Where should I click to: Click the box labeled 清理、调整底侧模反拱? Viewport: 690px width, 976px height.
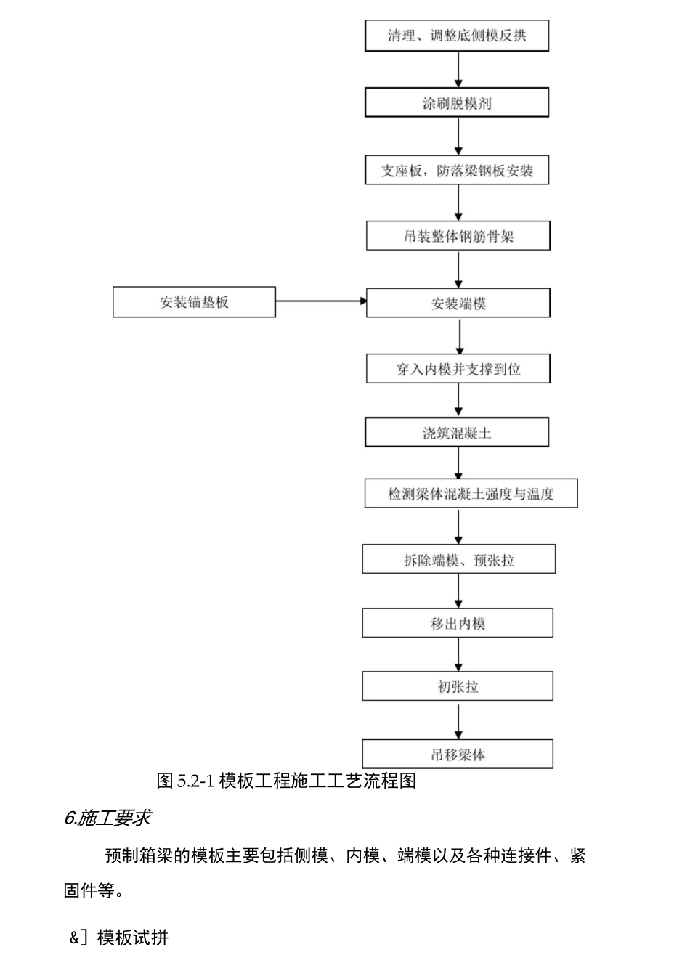[x=456, y=36]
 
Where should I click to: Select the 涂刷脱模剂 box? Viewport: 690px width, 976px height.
[x=456, y=103]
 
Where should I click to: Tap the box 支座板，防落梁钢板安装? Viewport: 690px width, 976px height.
[x=456, y=171]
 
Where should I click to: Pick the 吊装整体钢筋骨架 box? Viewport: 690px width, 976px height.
[x=458, y=237]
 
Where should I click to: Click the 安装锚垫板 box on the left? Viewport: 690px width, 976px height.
[x=194, y=302]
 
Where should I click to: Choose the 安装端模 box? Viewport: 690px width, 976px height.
[x=458, y=304]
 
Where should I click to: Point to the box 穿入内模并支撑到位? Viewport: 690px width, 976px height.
[x=458, y=369]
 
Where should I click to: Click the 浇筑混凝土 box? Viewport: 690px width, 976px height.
[x=456, y=434]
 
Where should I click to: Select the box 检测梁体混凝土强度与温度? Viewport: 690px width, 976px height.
[x=471, y=494]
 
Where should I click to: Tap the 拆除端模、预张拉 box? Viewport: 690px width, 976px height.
[x=458, y=560]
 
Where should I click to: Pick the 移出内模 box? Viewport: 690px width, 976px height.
[x=458, y=623]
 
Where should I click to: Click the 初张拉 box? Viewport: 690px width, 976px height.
[x=458, y=686]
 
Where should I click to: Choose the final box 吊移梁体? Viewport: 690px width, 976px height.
[x=458, y=755]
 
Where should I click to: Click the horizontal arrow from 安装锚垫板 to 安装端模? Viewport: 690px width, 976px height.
[x=320, y=301]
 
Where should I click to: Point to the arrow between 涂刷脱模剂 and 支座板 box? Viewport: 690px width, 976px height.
[x=458, y=137]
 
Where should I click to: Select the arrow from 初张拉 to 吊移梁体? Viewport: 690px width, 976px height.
[x=458, y=720]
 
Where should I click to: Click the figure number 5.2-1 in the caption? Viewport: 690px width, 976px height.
[x=195, y=781]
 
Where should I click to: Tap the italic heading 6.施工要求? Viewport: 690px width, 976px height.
[x=107, y=818]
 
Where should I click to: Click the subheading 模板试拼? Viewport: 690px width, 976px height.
[x=132, y=938]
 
